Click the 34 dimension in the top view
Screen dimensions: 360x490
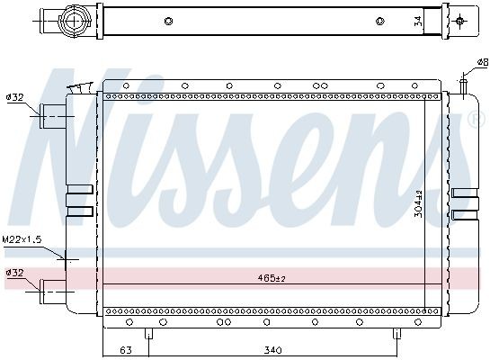tap(418, 21)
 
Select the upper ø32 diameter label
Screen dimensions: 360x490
tap(14, 97)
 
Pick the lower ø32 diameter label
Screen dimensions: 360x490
tap(14, 272)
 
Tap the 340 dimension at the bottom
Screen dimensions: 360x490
tap(273, 349)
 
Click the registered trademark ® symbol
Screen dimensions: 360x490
tap(476, 120)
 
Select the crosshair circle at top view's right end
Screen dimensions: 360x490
tap(461, 21)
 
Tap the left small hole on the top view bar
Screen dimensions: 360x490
tap(168, 21)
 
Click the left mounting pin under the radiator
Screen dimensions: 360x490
tap(150, 334)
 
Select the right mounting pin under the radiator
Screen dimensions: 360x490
tap(396, 334)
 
